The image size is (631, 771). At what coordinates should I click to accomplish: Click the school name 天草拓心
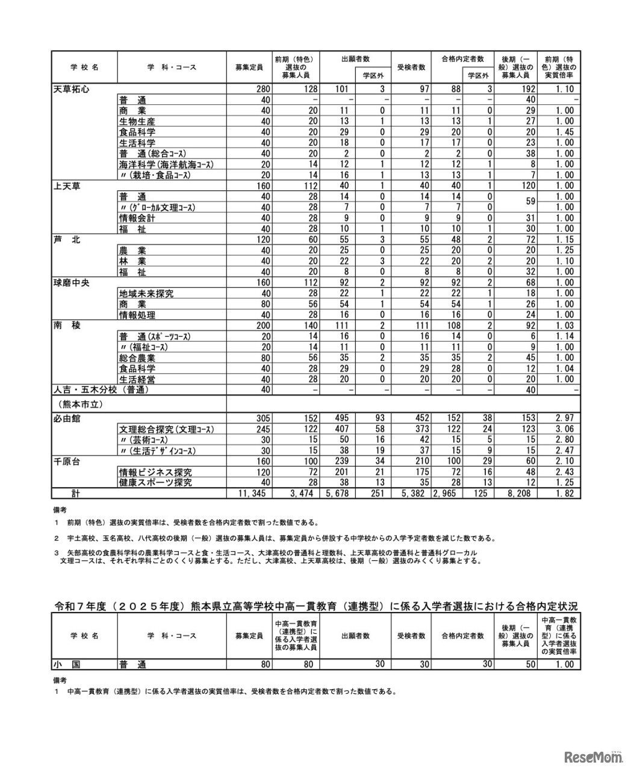point(72,89)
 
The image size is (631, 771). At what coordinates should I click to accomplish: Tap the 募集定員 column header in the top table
point(249,67)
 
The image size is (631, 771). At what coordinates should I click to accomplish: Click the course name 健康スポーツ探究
point(155,482)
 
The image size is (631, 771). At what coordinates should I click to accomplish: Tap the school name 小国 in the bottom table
point(67,664)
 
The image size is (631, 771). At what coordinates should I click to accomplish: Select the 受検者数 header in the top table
point(411,67)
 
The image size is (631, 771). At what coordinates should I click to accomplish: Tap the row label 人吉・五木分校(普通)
point(101,390)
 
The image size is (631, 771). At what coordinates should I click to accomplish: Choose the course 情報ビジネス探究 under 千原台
point(155,472)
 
